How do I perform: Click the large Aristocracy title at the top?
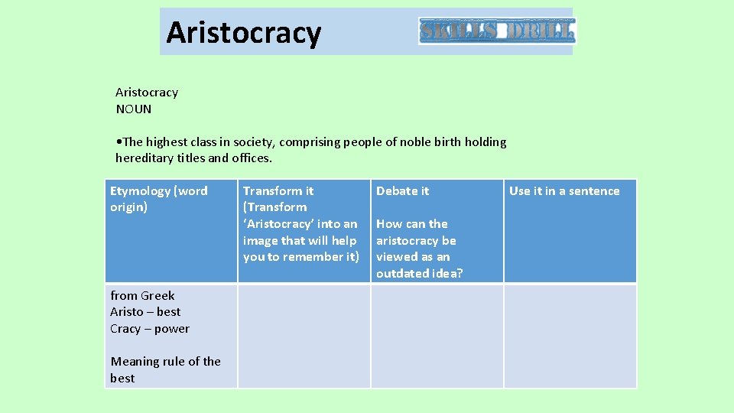click(x=243, y=33)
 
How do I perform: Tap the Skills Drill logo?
click(x=497, y=31)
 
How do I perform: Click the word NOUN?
click(x=134, y=109)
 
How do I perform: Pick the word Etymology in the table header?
click(x=141, y=191)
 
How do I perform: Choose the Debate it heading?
click(x=402, y=191)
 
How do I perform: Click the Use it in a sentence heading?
click(x=564, y=191)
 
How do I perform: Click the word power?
click(x=171, y=329)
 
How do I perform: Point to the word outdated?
click(x=401, y=273)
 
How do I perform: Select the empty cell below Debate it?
click(x=437, y=336)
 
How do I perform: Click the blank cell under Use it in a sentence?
click(x=570, y=336)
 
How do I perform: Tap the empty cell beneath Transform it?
click(x=304, y=336)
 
